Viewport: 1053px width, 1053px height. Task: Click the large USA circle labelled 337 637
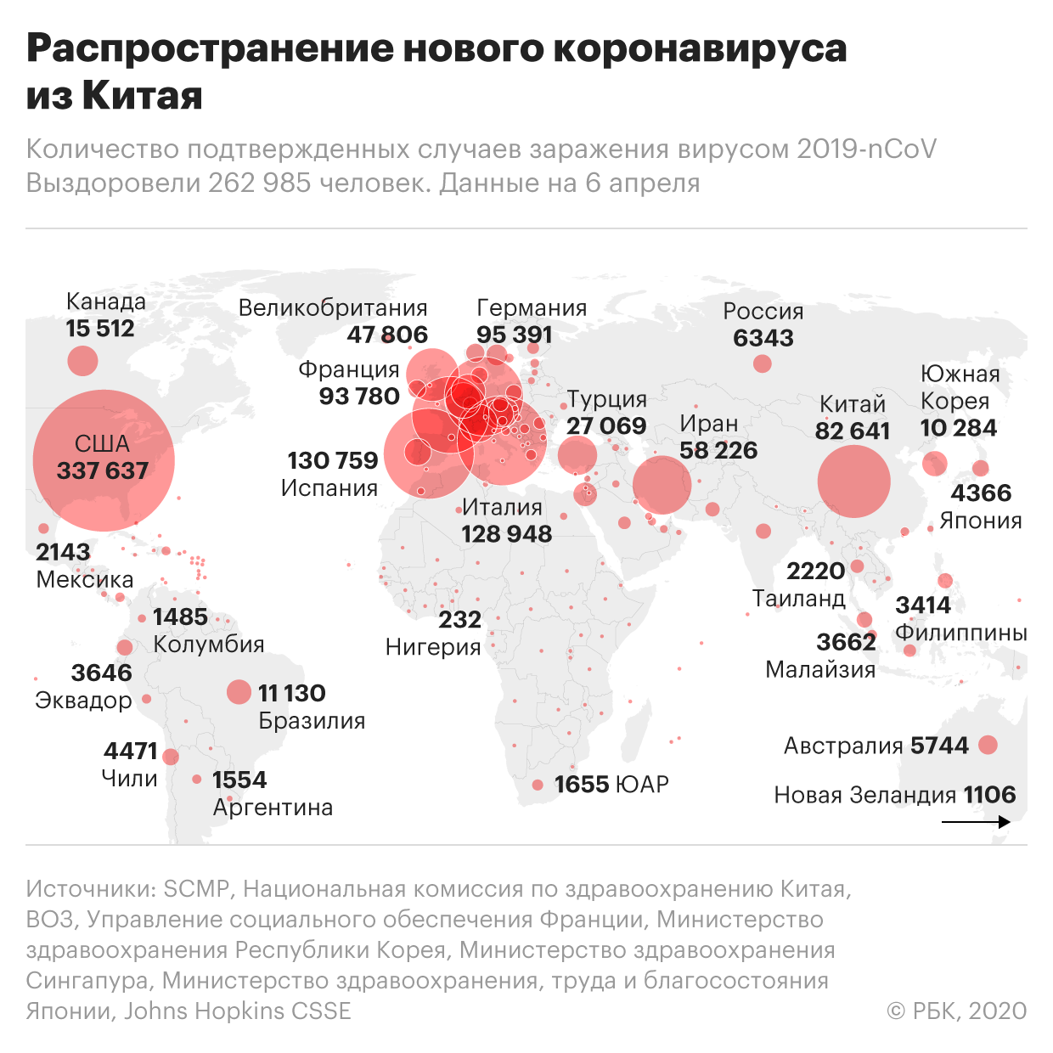(104, 460)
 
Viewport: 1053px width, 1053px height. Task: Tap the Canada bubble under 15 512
(82, 361)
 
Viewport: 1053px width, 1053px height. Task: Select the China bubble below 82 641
(853, 481)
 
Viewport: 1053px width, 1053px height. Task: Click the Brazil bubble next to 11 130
(239, 692)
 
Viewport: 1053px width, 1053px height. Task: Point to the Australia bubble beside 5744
(988, 745)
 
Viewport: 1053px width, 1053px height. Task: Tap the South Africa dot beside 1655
(538, 785)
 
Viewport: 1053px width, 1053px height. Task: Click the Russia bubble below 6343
(763, 363)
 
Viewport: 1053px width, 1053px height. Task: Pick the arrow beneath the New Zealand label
(976, 821)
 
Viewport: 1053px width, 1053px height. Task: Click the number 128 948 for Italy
(507, 533)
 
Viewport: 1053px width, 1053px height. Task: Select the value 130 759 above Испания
(332, 460)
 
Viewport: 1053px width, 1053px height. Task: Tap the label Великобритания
(333, 307)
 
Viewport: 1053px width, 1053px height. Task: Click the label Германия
(532, 307)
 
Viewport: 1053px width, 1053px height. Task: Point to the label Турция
(607, 399)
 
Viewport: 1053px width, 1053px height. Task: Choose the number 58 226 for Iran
(718, 450)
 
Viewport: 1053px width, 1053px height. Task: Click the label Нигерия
(433, 647)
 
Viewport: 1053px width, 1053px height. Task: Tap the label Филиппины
(961, 633)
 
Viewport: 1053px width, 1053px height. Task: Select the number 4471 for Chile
(131, 751)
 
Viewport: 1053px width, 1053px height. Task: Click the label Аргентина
(273, 807)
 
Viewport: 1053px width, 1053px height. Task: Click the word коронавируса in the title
(701, 48)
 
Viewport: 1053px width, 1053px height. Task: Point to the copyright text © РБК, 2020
(957, 1011)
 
